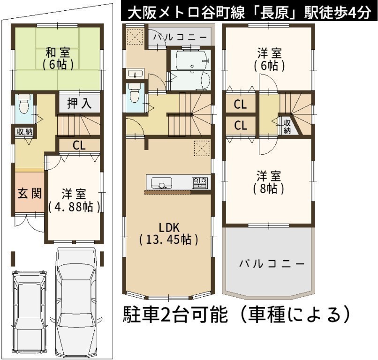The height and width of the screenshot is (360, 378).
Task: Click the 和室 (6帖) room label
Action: pos(58,59)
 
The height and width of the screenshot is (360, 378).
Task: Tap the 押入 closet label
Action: pos(79,103)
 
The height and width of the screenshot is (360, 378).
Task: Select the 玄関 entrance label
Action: pos(30,193)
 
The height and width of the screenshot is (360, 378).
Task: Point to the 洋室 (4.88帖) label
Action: pos(74,201)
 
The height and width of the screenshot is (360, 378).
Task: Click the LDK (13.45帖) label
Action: pos(169,233)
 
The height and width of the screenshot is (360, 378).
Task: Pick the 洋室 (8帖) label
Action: pos(269,182)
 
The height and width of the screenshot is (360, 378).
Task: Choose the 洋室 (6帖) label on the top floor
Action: pos(270,59)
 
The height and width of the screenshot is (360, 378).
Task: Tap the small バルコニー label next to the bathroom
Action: pos(180,37)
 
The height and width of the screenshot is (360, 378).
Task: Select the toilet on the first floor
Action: pos(24,103)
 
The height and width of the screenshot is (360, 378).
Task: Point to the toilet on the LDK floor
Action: pos(134,93)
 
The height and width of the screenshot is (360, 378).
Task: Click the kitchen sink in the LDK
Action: pos(161,183)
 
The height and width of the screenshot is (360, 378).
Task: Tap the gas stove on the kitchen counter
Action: pos(200,183)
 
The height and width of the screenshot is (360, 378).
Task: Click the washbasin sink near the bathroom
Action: pos(135,74)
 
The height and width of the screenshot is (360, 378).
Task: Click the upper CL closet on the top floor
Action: pos(240,105)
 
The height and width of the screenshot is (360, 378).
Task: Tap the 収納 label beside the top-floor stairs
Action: pos(287,127)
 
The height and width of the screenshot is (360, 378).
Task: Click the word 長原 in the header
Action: pos(274,13)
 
